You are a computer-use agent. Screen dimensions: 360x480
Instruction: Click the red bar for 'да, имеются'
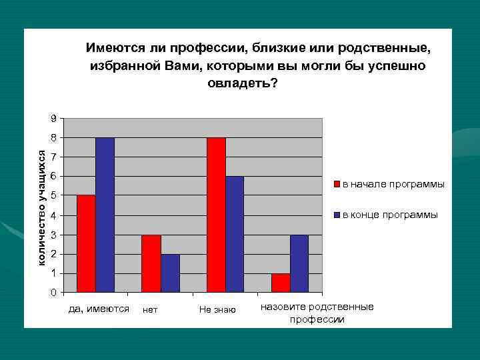click(86, 243)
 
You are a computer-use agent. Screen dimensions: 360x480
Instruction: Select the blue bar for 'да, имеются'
click(105, 215)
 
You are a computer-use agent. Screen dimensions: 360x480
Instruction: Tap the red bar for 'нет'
click(151, 263)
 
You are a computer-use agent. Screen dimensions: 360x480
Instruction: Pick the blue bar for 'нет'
click(170, 273)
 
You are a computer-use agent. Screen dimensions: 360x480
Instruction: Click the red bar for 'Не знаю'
click(216, 215)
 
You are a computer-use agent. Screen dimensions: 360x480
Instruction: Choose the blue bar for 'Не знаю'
click(235, 234)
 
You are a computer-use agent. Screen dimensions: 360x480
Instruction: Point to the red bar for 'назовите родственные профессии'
click(281, 283)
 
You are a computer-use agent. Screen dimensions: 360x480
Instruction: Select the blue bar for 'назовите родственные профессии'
click(299, 263)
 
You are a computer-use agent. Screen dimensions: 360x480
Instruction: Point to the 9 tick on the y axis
click(53, 119)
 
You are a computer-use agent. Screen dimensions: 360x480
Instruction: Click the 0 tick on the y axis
click(53, 293)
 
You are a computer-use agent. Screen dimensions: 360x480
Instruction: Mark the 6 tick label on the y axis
click(53, 177)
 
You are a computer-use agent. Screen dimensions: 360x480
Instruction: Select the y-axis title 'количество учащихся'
click(41, 208)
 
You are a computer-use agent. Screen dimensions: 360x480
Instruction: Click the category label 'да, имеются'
click(99, 309)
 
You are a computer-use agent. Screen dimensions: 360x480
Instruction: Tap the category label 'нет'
click(150, 310)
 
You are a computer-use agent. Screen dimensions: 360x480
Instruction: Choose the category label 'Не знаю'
click(217, 310)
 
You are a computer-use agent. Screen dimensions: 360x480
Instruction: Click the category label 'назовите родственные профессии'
click(317, 313)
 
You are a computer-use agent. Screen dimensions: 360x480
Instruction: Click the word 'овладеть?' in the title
click(243, 84)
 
